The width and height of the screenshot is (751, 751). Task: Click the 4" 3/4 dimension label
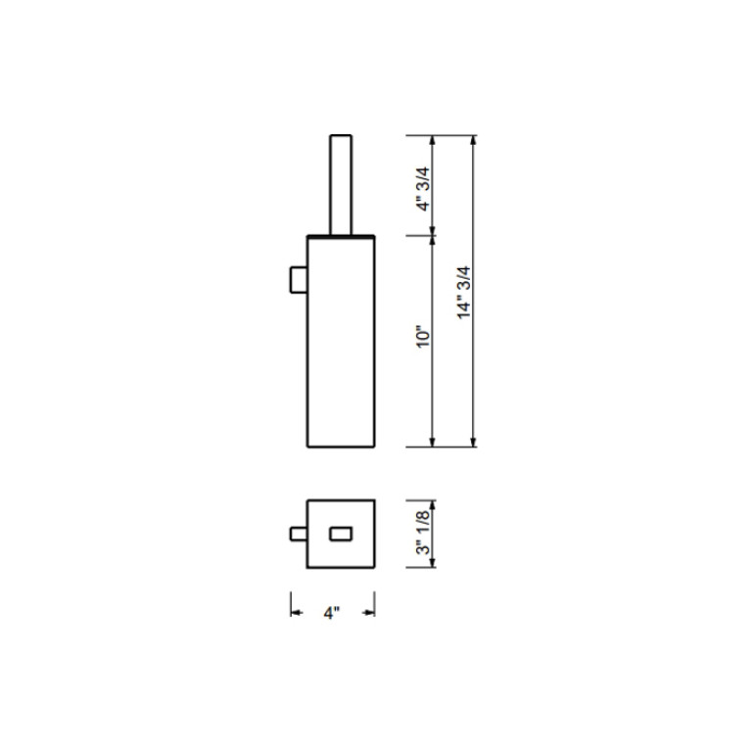click(x=423, y=189)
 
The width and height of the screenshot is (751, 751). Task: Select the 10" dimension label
click(x=423, y=337)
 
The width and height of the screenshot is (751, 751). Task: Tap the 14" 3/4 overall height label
click(x=464, y=293)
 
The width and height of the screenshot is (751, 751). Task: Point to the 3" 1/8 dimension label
click(x=423, y=533)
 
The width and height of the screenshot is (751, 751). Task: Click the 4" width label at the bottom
click(x=331, y=613)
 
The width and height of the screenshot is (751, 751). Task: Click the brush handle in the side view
click(x=341, y=185)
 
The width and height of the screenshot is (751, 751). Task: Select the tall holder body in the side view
click(x=341, y=342)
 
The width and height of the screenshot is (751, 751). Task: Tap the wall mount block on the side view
click(x=299, y=279)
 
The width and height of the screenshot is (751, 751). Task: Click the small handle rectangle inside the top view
click(x=341, y=534)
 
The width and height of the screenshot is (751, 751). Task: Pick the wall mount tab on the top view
click(x=299, y=534)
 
